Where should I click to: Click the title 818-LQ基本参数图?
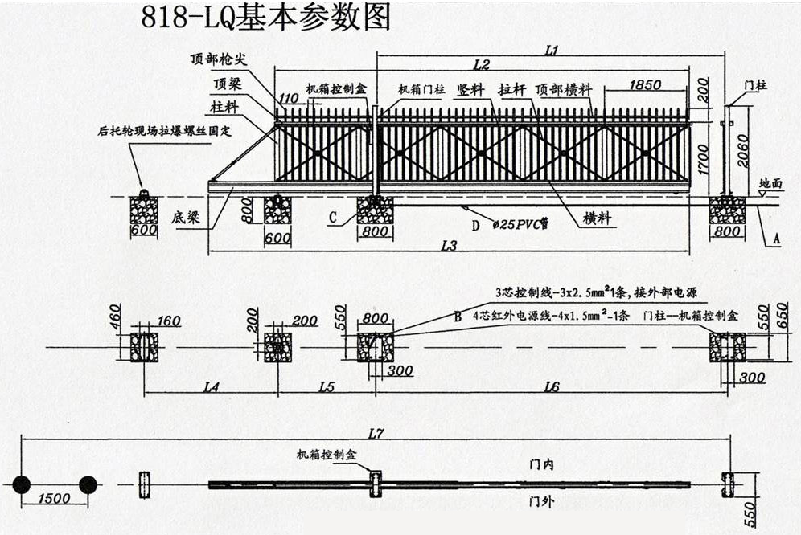tap(265, 18)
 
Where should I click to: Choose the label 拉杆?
tap(512, 90)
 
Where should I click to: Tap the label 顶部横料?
tap(565, 90)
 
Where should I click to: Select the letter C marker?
tap(332, 217)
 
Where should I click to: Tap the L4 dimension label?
tap(211, 387)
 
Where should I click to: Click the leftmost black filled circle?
tap(22, 484)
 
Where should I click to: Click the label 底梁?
tap(185, 218)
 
